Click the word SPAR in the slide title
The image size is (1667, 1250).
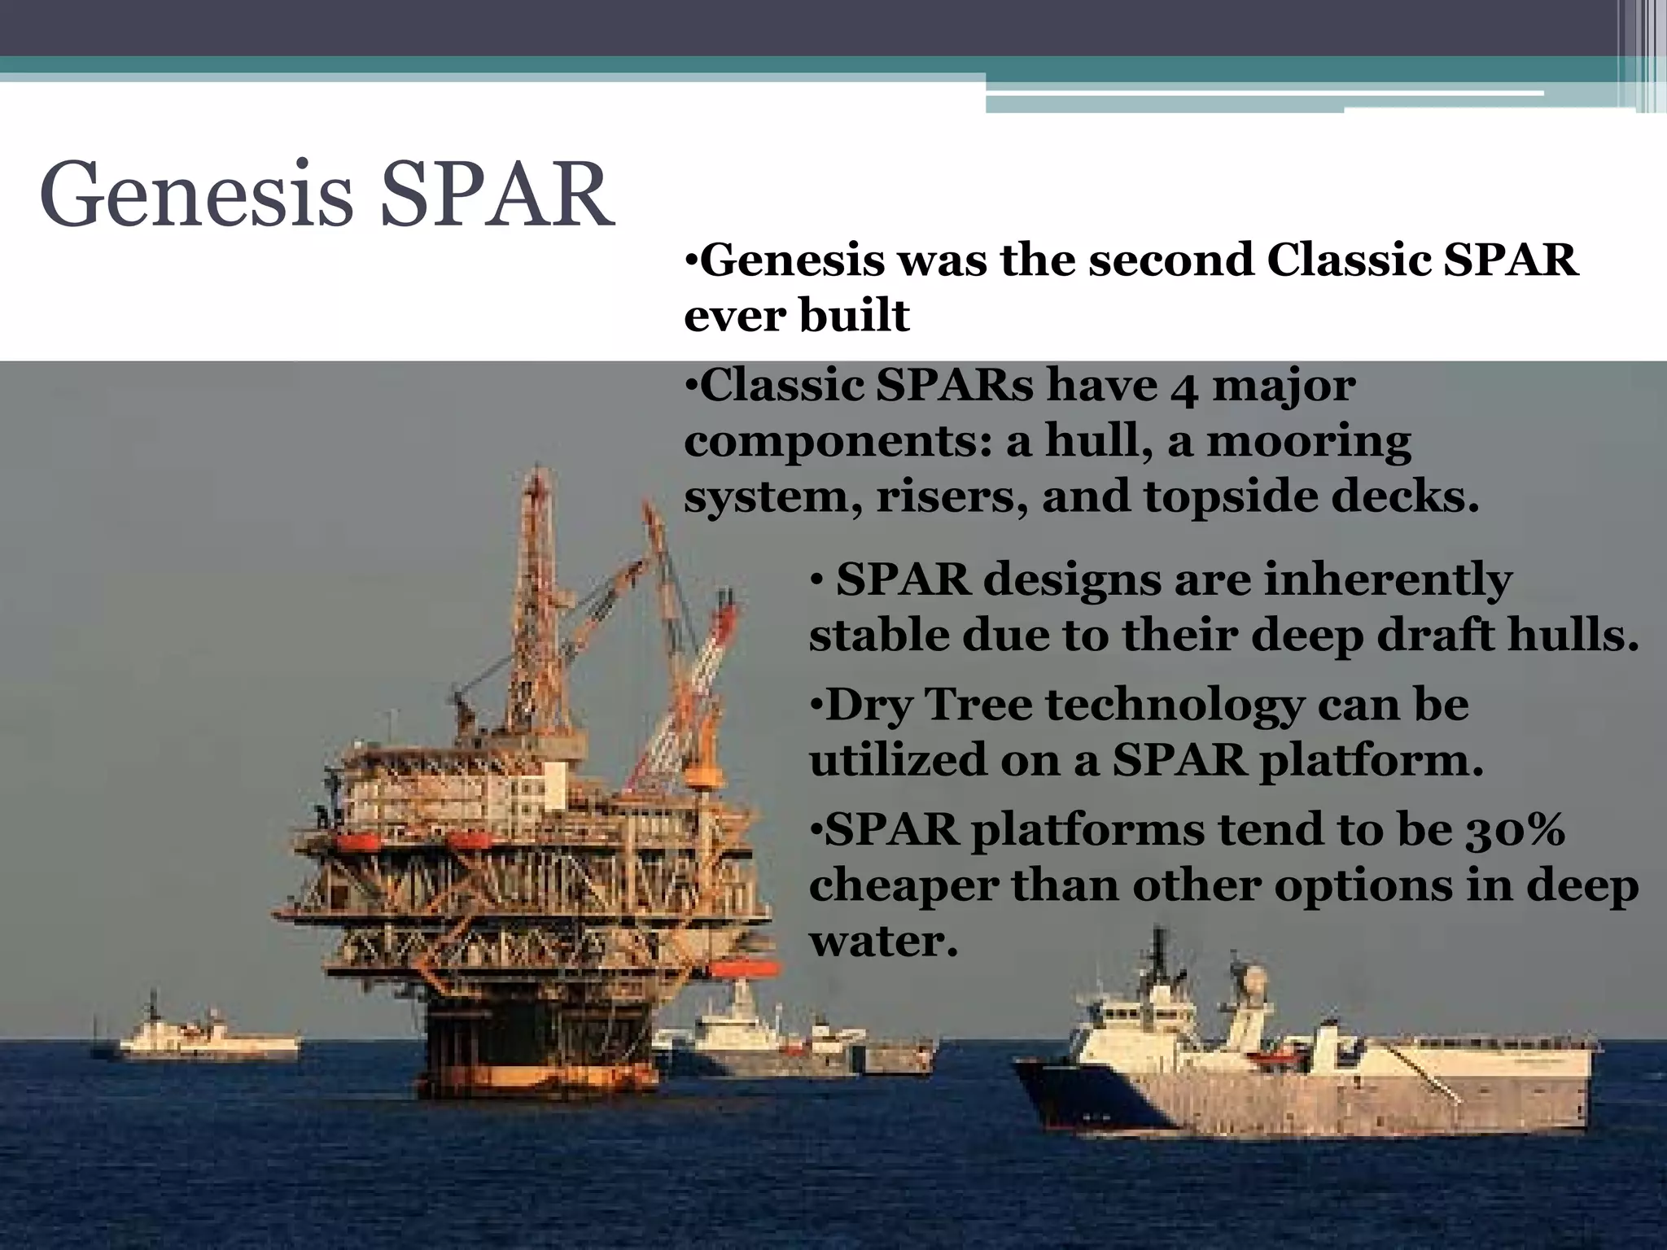pos(497,195)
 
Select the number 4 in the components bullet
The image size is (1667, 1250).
pos(1184,389)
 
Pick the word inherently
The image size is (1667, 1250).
pos(1387,581)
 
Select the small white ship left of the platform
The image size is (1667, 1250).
pos(208,1038)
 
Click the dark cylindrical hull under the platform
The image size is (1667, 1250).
pos(537,1050)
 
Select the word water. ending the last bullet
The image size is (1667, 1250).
pos(883,942)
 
